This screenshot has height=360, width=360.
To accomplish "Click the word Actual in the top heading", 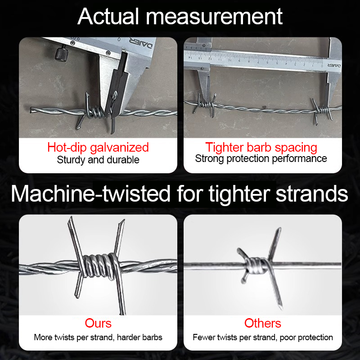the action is [x=108, y=16].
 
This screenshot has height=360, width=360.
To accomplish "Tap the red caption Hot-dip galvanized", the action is [x=98, y=148].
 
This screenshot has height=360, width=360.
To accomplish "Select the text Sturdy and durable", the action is [x=98, y=160].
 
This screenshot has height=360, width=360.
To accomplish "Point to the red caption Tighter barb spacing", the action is [x=261, y=148].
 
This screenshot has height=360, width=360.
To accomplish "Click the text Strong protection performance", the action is [x=261, y=159].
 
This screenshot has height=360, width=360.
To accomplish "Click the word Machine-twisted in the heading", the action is [x=91, y=193].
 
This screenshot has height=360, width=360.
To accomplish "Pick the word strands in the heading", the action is [x=312, y=193].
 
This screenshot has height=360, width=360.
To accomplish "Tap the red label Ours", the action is [x=98, y=323].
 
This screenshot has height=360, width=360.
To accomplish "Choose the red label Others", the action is [x=263, y=323].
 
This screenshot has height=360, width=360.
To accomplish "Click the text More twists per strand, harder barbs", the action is [x=98, y=337].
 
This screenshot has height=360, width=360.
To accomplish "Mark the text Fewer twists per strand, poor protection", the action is [x=263, y=337].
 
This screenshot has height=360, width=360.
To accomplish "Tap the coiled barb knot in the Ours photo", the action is [x=100, y=266].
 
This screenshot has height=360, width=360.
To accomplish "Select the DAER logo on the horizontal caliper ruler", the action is [x=334, y=65].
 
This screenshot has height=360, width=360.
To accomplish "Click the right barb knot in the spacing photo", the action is [x=323, y=110].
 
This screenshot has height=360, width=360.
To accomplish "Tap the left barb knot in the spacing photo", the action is [x=206, y=105].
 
